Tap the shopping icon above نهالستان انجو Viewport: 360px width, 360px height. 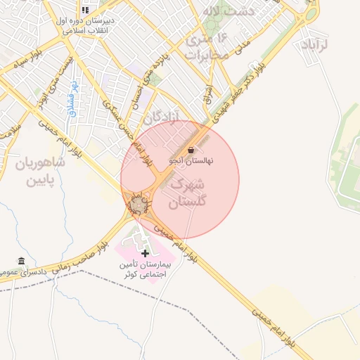pyautogui.click(x=192, y=150)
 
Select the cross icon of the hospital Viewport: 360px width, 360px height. pyautogui.click(x=146, y=253)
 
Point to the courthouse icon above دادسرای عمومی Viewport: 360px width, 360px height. pyautogui.click(x=22, y=261)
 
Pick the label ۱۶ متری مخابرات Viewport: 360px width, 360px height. pyautogui.click(x=207, y=46)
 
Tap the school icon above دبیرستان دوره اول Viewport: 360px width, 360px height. pyautogui.click(x=85, y=10)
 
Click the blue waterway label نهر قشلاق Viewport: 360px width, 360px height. pyautogui.click(x=72, y=98)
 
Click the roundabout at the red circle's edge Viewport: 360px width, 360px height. pyautogui.click(x=138, y=205)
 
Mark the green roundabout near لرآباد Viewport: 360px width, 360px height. pyautogui.click(x=310, y=14)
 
